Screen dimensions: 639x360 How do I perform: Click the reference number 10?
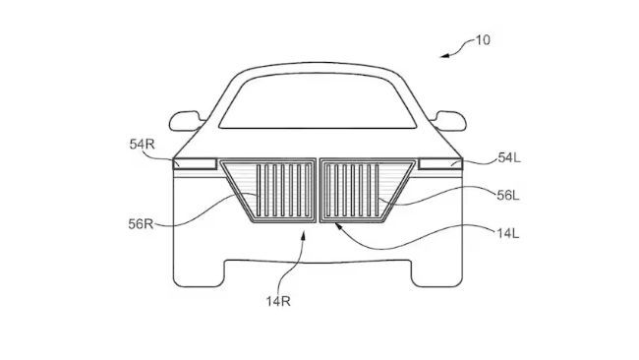pyautogui.click(x=482, y=40)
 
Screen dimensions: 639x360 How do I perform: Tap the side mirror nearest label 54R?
pyautogui.click(x=184, y=121)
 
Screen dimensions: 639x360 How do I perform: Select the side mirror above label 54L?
pyautogui.click(x=453, y=121)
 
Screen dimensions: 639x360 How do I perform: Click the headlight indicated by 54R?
pyautogui.click(x=197, y=163)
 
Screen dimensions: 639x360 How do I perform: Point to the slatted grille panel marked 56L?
pyautogui.click(x=354, y=193)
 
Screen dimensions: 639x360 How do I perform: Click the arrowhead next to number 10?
pyautogui.click(x=444, y=55)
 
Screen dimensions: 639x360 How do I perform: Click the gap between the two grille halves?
pyautogui.click(x=319, y=192)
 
